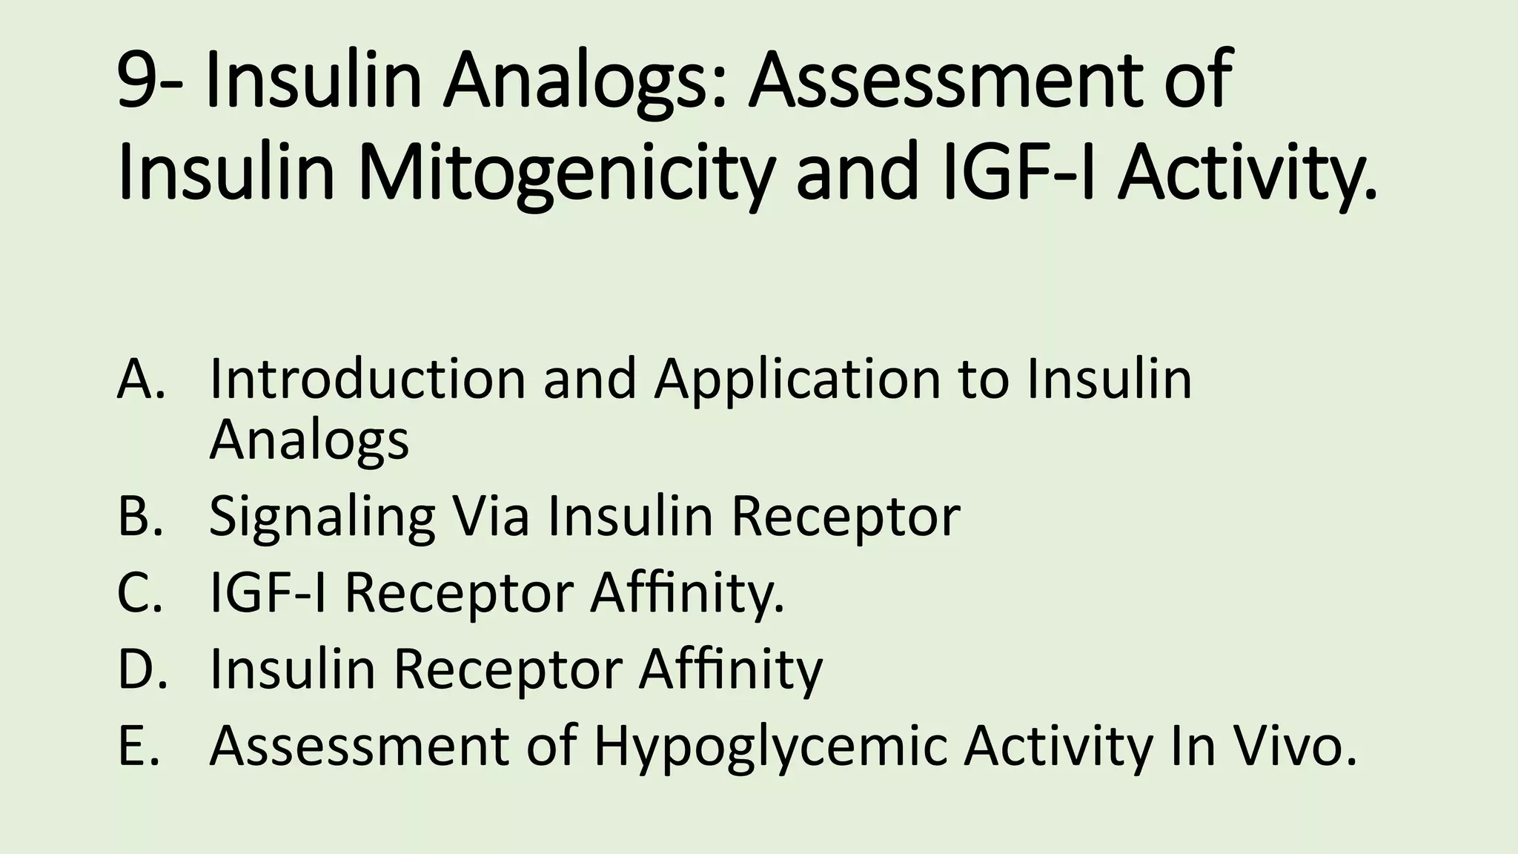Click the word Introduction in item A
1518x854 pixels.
367,379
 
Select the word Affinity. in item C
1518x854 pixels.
686,595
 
